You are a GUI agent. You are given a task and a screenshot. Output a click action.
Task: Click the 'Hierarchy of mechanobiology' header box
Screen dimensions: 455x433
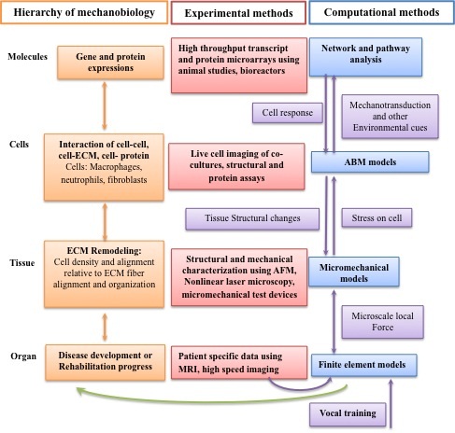tap(84, 12)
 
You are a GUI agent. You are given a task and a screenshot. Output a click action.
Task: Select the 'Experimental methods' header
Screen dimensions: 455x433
tap(238, 13)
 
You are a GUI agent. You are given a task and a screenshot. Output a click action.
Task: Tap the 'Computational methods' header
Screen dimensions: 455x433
tap(381, 12)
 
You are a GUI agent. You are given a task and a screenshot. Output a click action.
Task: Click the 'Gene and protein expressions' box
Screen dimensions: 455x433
tap(110, 63)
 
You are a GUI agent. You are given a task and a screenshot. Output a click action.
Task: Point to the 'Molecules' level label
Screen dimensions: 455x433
tap(27, 57)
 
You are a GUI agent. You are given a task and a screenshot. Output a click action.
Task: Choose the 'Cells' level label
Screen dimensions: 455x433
tap(19, 145)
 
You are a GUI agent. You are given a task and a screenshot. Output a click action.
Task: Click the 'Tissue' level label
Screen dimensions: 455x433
tap(21, 263)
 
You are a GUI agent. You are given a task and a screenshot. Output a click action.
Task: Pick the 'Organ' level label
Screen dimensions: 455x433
tap(23, 356)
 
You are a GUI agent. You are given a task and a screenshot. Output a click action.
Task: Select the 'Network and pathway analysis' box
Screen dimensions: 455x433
tap(365, 57)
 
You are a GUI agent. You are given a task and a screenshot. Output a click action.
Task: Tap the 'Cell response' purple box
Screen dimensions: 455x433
tap(288, 113)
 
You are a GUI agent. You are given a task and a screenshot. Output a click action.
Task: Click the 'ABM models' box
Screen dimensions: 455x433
tap(370, 161)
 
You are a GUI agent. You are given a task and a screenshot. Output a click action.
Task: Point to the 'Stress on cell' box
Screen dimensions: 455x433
tap(377, 217)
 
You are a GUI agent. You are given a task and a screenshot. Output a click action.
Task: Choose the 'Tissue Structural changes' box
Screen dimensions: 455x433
tap(252, 218)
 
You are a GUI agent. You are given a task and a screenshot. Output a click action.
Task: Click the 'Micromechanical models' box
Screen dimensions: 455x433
tap(354, 272)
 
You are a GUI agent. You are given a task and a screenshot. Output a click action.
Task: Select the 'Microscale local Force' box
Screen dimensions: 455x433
tap(383, 322)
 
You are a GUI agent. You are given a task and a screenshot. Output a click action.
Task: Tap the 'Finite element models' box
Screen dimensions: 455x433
tap(364, 365)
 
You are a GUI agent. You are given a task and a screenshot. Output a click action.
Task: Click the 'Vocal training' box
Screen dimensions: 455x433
tap(348, 414)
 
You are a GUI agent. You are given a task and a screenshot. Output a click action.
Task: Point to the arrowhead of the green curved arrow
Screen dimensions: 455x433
tap(79, 391)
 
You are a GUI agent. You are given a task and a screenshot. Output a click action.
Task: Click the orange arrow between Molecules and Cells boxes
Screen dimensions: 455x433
tap(105, 106)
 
